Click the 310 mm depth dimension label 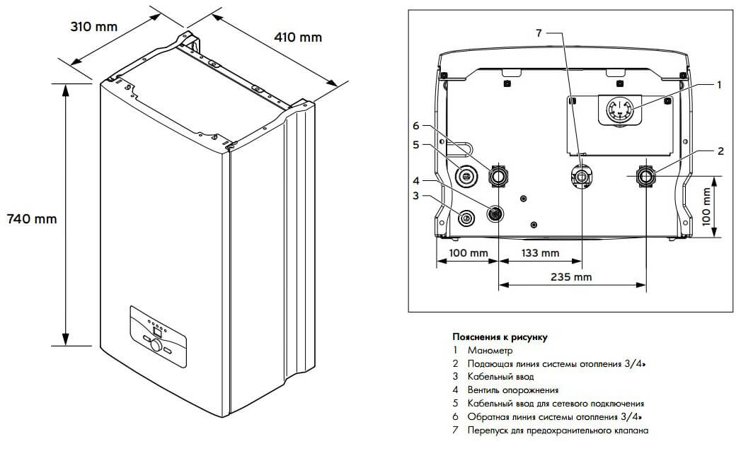(x=93, y=27)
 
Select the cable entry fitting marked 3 (x=466, y=218)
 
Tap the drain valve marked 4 (x=495, y=212)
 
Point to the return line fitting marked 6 (x=498, y=175)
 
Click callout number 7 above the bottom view (x=539, y=33)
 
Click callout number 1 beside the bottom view (x=718, y=85)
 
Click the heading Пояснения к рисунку (x=500, y=337)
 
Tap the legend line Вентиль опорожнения (x=512, y=390)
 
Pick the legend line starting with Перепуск (x=557, y=430)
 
